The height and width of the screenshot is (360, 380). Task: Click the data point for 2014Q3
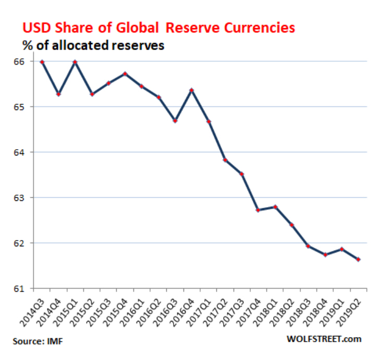tap(42, 62)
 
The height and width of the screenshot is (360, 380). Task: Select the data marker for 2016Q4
tap(192, 90)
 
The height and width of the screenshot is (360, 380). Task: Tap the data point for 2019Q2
tap(358, 260)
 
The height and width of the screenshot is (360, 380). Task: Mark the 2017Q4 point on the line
tap(258, 210)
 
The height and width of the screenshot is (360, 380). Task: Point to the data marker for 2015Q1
tap(75, 62)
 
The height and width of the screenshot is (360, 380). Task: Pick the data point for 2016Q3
tap(175, 121)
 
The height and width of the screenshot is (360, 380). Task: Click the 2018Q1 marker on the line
tap(275, 207)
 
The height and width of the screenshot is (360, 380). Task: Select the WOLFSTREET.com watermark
tap(324, 339)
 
